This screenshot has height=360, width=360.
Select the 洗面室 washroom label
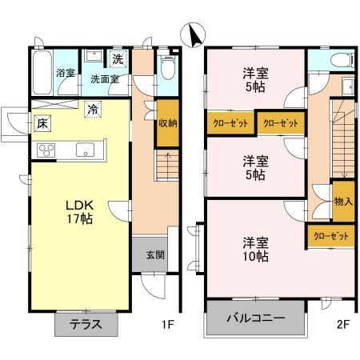(x=104, y=79)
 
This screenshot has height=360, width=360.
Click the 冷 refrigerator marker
(x=93, y=110)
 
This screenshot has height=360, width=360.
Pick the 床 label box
(x=42, y=123)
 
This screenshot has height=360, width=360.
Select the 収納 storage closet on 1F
(x=166, y=123)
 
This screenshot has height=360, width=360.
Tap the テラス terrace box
(x=86, y=324)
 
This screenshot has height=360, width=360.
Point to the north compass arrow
(x=191, y=34)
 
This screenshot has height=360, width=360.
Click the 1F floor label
(x=168, y=325)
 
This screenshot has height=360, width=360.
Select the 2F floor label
(x=343, y=325)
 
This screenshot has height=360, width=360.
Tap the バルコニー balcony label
(x=256, y=318)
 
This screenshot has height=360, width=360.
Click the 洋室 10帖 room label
(x=256, y=249)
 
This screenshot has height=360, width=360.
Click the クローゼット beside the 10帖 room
(x=330, y=236)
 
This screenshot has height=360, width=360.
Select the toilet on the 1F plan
(x=166, y=70)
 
